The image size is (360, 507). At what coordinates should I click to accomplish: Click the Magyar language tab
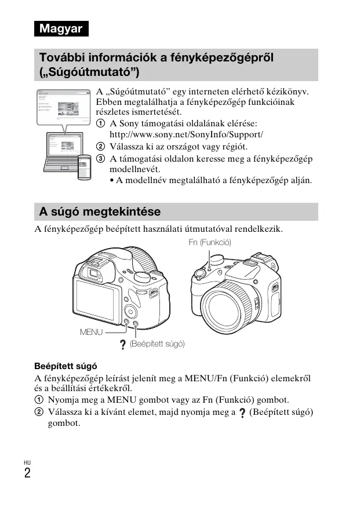61,28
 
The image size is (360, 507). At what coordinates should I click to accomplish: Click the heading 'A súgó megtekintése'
99,211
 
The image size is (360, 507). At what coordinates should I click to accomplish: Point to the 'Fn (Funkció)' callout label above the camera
210,242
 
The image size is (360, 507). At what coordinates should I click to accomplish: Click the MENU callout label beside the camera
91,332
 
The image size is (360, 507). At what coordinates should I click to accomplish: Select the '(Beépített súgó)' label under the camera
157,344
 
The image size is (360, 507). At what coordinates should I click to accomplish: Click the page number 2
27,473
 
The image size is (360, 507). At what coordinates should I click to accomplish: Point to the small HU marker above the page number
27,462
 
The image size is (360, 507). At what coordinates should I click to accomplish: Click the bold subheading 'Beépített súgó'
66,366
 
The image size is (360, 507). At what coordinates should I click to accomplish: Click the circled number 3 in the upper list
100,159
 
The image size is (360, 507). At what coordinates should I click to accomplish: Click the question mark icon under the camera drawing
123,345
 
